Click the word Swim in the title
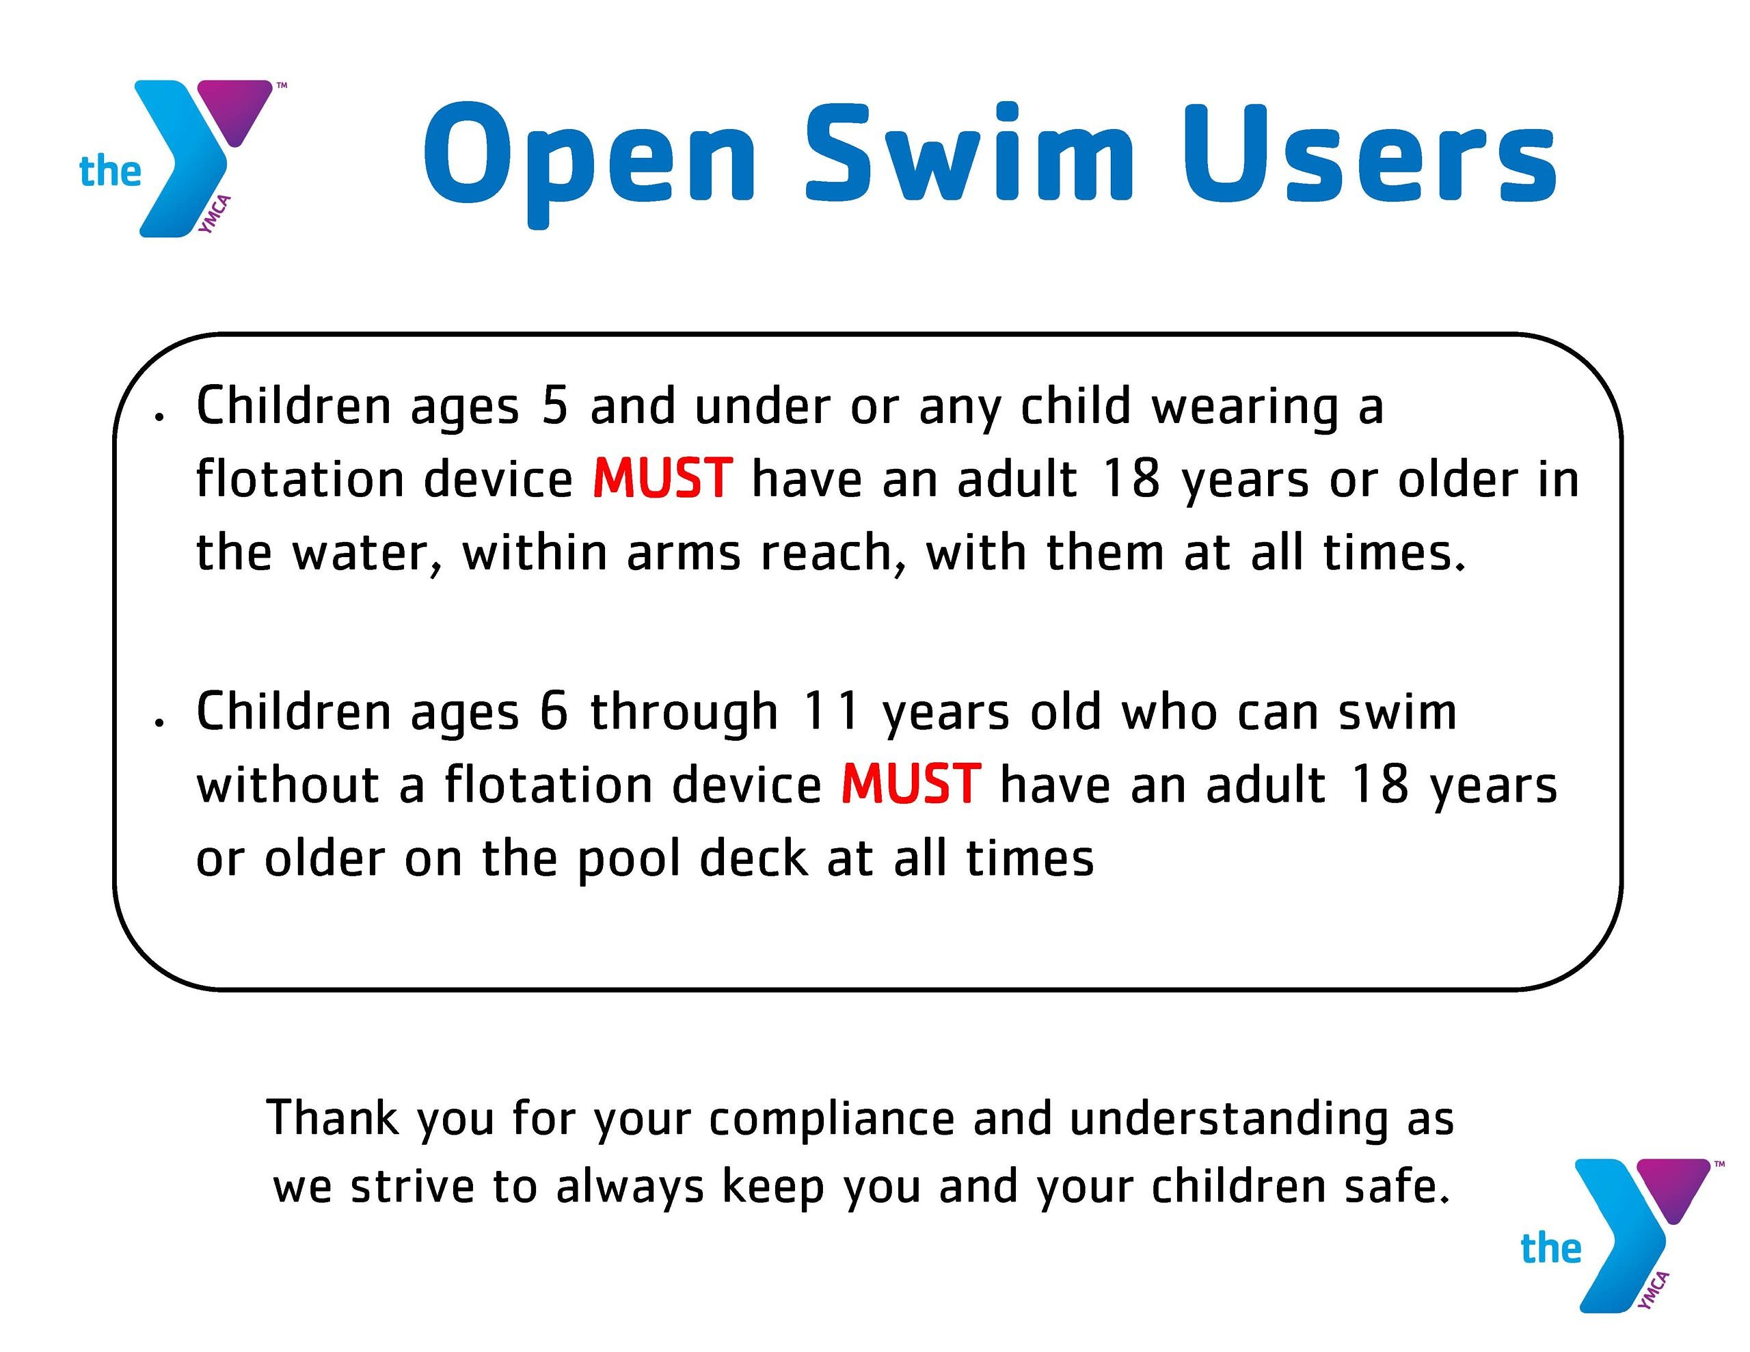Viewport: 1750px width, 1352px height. pos(969,152)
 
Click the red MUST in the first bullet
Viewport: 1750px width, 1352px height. pos(662,478)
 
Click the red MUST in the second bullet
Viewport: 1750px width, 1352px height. pos(911,783)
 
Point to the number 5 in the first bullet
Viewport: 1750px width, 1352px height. pos(554,405)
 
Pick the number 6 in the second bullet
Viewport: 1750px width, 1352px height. pos(554,711)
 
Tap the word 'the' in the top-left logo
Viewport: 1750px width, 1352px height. pos(110,172)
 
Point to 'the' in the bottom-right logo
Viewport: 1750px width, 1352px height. pos(1551,1249)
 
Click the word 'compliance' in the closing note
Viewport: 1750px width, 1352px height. pos(832,1120)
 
